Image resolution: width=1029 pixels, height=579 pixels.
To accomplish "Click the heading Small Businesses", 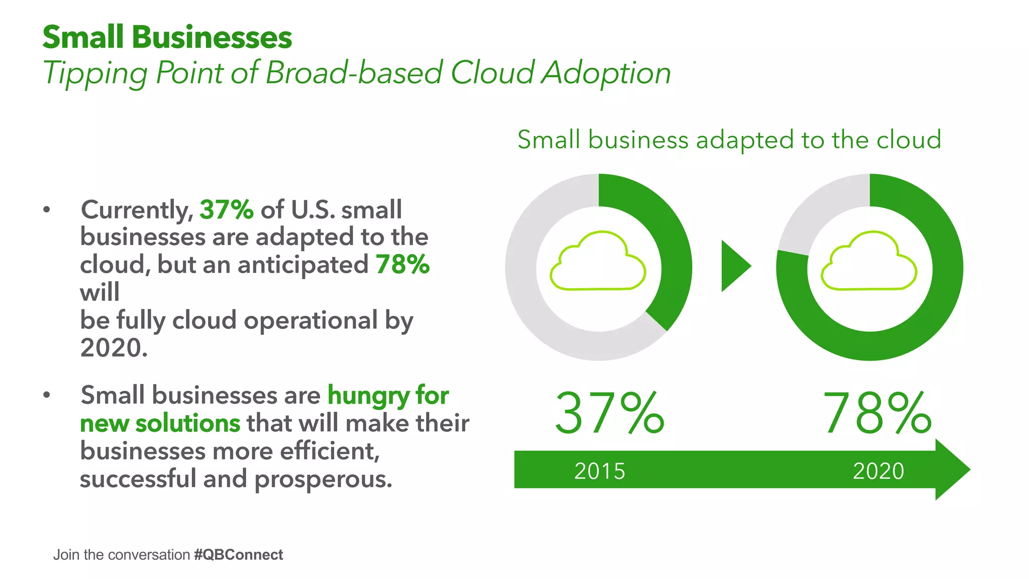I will click(167, 38).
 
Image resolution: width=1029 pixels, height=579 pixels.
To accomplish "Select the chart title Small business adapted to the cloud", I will click(729, 140).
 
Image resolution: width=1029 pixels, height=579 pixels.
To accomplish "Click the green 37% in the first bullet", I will click(227, 209).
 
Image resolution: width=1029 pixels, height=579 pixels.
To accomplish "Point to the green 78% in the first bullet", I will click(402, 265).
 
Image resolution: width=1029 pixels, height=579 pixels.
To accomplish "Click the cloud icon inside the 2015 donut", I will click(598, 262).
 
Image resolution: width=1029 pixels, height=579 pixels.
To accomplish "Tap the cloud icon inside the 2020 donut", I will click(869, 262).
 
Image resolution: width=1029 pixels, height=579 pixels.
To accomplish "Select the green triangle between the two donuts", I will click(734, 266).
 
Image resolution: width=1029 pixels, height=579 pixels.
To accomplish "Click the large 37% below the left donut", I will click(609, 413).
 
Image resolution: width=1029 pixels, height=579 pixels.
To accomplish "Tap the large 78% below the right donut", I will click(877, 413).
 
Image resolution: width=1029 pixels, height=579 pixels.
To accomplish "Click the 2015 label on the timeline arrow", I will click(599, 471).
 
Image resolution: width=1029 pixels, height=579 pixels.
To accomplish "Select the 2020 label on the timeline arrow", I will click(878, 471).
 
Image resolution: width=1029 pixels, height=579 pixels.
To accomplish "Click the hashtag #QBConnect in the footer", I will click(238, 555).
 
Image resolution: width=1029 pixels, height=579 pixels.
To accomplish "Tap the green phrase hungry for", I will click(388, 395).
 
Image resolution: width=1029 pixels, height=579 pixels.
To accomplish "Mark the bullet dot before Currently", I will click(47, 210).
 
